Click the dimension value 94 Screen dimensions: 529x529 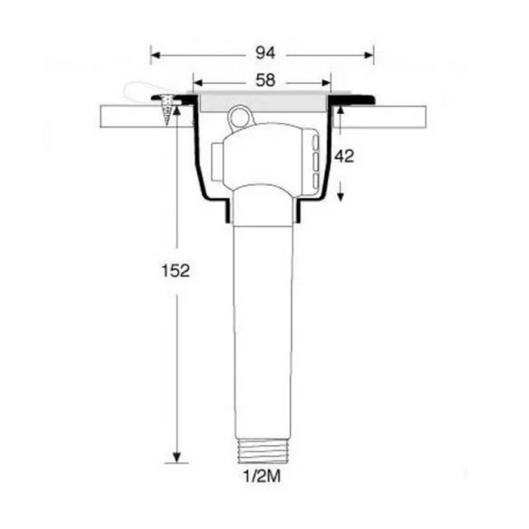(264, 53)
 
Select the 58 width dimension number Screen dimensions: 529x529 (264, 81)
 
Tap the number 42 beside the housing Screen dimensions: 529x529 (345, 156)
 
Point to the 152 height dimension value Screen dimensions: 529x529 (175, 271)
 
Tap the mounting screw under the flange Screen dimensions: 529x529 (166, 111)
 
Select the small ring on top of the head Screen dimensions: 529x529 (238, 116)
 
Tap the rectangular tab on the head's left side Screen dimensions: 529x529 (218, 160)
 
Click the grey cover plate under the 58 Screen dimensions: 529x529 (262, 100)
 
